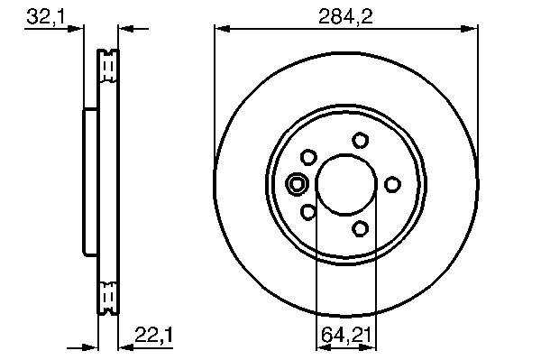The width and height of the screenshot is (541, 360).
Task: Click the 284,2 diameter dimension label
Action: point(345,16)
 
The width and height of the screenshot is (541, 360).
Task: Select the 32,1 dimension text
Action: point(46,16)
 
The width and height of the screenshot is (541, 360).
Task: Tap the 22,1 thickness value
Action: point(153,335)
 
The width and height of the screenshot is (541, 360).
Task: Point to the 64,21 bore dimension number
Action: point(346,335)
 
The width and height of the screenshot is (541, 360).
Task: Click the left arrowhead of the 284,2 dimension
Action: point(222,29)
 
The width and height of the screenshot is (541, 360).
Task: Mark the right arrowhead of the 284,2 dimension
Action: point(470,29)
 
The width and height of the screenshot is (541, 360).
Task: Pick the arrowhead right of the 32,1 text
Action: point(75,29)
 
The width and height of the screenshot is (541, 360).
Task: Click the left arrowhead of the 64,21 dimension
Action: point(324,348)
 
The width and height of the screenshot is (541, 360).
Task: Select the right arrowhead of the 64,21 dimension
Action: point(368,348)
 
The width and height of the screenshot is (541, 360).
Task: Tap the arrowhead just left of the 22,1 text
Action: point(126,348)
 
